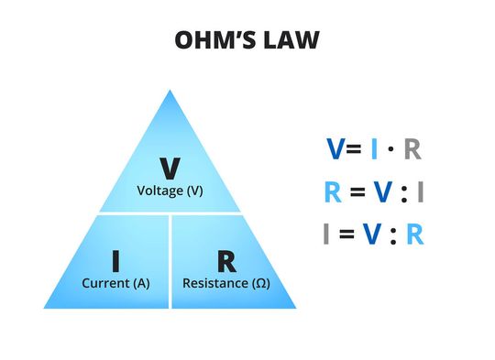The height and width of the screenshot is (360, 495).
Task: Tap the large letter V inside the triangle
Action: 170,169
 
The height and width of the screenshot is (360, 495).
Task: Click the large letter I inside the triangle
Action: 115,261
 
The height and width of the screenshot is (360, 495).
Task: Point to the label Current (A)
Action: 115,283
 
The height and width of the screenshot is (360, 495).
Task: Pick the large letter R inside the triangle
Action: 226,261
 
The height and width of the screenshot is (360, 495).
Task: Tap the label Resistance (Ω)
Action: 226,283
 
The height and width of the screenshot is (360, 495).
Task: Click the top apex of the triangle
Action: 170,91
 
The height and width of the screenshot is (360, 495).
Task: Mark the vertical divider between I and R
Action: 170,261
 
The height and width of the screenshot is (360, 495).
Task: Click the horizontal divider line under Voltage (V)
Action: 170,213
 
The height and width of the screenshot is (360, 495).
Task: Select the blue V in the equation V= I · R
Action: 336,149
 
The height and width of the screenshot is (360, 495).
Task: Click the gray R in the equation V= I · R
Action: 412,149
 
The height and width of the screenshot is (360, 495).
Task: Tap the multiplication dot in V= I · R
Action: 392,149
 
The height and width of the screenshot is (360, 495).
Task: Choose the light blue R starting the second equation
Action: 333,192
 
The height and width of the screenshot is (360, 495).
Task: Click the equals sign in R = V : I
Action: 357,193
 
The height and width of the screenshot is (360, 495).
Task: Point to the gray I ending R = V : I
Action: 420,192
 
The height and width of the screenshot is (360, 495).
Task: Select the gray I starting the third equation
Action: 326,235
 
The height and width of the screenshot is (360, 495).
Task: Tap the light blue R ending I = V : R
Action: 414,235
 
